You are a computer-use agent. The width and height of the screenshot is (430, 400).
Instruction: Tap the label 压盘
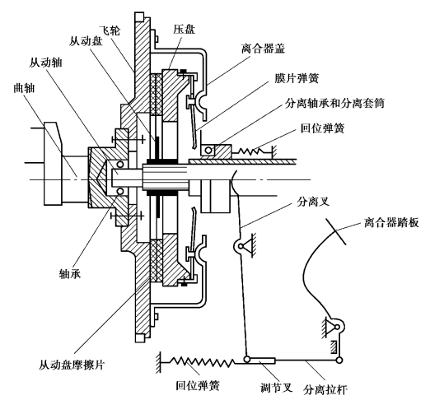pos(184,29)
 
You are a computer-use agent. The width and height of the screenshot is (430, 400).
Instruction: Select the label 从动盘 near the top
pos(86,41)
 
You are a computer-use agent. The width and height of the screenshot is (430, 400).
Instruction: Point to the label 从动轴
pos(45,63)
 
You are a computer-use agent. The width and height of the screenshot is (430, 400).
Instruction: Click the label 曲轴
pos(25,88)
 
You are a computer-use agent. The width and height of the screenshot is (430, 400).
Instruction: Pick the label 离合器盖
pos(264,49)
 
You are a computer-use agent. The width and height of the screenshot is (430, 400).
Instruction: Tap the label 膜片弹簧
pos(297,78)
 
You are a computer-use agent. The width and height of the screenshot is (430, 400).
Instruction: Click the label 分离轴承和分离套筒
pos(334,103)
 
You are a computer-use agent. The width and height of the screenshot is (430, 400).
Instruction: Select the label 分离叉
pos(313,202)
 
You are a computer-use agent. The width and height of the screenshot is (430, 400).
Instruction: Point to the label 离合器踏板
pos(391,222)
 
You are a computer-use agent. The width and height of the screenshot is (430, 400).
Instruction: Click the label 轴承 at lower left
pos(70,273)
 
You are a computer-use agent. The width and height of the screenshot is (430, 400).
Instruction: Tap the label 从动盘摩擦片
pos(72,365)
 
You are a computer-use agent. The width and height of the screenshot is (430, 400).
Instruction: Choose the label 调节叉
pos(277,388)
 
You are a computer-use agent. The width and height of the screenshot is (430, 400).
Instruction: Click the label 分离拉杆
pos(325,389)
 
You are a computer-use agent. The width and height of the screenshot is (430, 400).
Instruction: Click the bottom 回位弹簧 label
pos(198,385)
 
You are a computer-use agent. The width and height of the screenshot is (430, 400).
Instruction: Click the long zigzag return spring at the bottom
pos(203,363)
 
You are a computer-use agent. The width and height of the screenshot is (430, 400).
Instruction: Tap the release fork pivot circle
pos(241,246)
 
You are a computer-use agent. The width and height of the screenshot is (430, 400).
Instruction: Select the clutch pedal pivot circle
pos(337,327)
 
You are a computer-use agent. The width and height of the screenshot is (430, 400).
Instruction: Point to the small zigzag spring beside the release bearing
pos(251,151)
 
